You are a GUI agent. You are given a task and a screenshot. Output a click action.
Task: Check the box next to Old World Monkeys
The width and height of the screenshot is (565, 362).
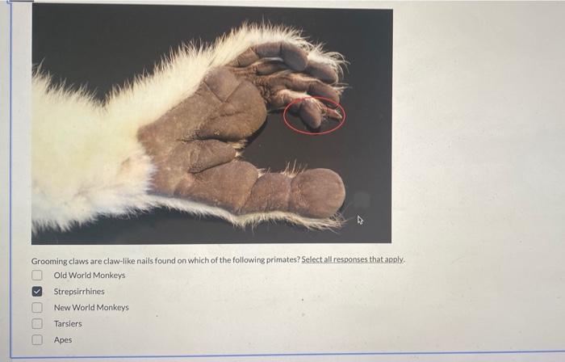(37, 275)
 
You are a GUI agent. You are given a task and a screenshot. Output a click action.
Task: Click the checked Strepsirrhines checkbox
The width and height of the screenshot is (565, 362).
(37, 292)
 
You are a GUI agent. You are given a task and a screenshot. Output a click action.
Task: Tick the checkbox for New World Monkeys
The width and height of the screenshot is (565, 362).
(37, 308)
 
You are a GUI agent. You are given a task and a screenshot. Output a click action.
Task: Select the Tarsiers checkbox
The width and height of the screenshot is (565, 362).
(37, 323)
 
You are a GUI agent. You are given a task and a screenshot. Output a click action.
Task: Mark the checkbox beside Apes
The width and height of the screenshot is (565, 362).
(37, 339)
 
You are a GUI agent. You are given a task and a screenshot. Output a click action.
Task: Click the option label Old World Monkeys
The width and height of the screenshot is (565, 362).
(90, 275)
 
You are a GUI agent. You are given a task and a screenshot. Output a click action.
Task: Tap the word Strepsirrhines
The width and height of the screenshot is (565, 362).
(79, 292)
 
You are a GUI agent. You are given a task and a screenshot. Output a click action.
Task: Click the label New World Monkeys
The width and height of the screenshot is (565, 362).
(91, 308)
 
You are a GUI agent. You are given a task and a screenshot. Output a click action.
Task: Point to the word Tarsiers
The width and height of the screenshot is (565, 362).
(68, 324)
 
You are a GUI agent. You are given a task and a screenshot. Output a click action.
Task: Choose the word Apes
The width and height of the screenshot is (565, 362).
(63, 339)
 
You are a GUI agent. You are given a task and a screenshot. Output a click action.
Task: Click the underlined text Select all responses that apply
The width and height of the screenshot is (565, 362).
(354, 259)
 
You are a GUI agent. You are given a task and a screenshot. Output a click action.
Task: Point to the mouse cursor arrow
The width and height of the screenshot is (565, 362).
(360, 220)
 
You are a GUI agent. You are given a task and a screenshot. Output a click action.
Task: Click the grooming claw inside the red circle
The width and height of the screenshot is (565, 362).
(333, 113)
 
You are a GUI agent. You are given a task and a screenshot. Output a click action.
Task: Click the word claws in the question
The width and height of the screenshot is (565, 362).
(79, 261)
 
